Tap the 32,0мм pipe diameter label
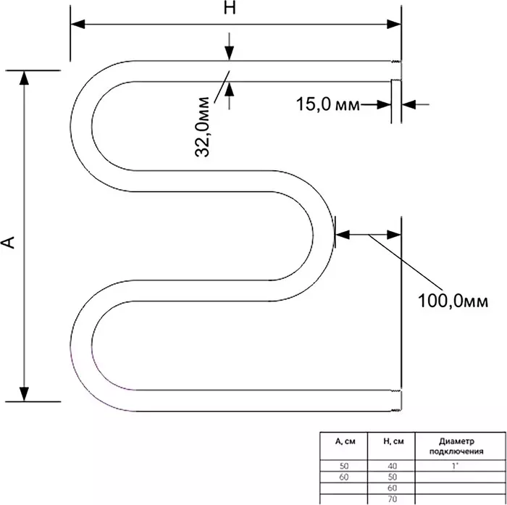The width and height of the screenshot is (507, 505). pos(202,127)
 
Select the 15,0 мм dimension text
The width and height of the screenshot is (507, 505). pos(327,104)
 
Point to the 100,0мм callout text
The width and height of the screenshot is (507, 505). pos(453,301)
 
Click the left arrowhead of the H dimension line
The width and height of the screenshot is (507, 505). pos(77,24)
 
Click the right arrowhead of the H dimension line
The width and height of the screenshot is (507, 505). pos(394,24)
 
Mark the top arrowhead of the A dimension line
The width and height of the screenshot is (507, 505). pos(24,78)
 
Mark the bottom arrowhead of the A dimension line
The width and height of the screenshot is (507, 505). pos(24,394)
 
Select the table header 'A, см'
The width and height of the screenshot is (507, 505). pos(344,441)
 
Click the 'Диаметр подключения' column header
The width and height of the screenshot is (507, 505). pos(456,446)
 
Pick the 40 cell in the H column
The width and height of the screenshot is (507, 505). pos(393,466)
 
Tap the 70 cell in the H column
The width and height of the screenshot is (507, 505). pos(393,499)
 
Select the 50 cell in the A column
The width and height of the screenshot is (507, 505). pos(344,466)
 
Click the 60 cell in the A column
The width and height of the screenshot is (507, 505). pos(344,477)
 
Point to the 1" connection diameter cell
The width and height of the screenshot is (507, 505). pos(456,466)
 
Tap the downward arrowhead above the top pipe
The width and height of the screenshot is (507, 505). pos(230,53)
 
